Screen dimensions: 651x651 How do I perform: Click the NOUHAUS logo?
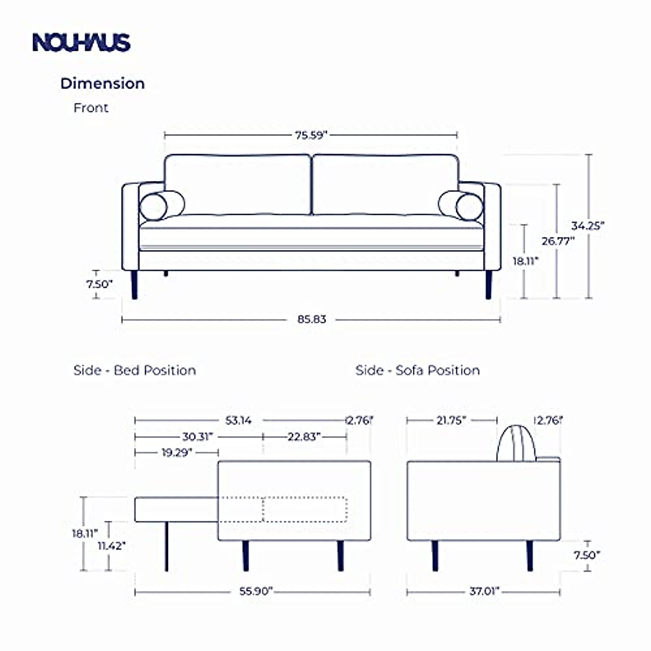(81, 42)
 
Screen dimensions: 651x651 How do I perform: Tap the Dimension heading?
(103, 84)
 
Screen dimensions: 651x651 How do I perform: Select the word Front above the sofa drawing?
(91, 108)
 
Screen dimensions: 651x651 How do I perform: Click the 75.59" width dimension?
(311, 135)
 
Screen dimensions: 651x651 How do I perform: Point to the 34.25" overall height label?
(588, 226)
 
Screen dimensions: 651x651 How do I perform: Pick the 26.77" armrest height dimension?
(558, 241)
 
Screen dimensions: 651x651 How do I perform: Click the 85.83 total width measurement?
(311, 320)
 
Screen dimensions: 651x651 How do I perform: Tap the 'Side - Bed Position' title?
(135, 371)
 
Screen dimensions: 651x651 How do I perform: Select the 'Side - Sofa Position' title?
(418, 371)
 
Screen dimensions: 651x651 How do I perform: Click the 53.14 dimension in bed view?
(239, 420)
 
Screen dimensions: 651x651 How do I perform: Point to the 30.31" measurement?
(197, 437)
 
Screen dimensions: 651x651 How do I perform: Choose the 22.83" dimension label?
(304, 437)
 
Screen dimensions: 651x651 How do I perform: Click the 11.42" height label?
(112, 546)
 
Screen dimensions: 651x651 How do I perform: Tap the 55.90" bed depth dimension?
(256, 591)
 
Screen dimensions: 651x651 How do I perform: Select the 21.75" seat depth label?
(451, 420)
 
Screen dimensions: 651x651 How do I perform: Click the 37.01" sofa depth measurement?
(484, 591)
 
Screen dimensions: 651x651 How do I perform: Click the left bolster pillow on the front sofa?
(154, 207)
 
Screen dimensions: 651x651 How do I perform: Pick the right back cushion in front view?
(385, 184)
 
